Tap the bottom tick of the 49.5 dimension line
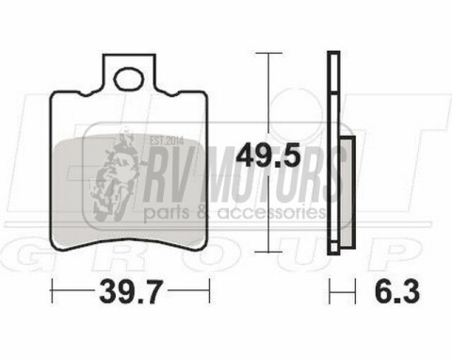tap(269, 252)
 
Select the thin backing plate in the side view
tap(331, 151)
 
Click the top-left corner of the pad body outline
tap(52, 94)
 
